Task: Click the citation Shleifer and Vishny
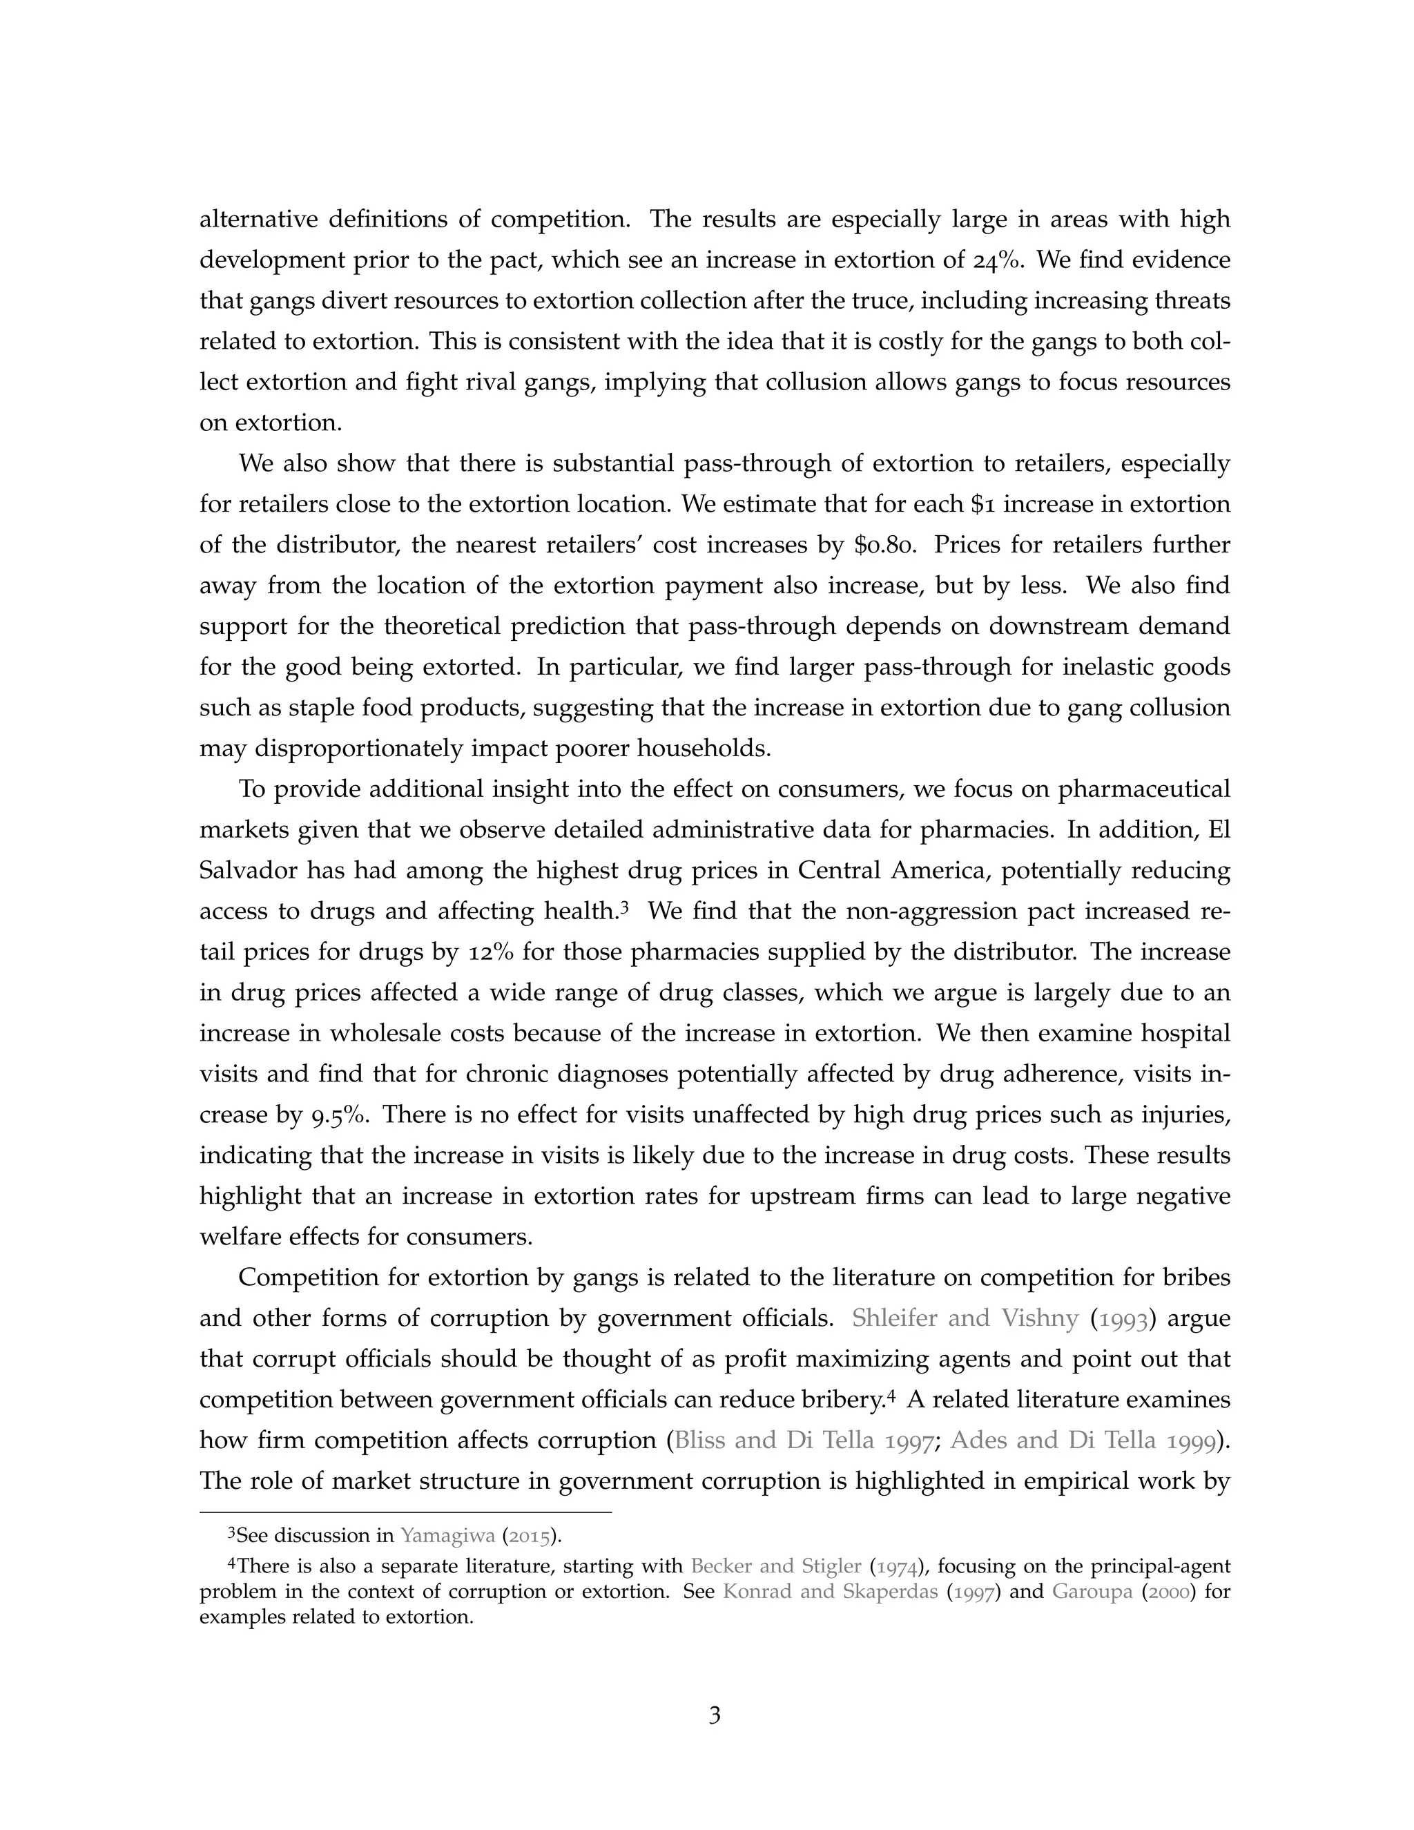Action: click(x=965, y=1318)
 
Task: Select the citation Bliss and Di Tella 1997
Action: click(x=804, y=1441)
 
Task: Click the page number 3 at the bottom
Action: click(x=715, y=1715)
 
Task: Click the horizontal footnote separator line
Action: click(x=405, y=1512)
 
